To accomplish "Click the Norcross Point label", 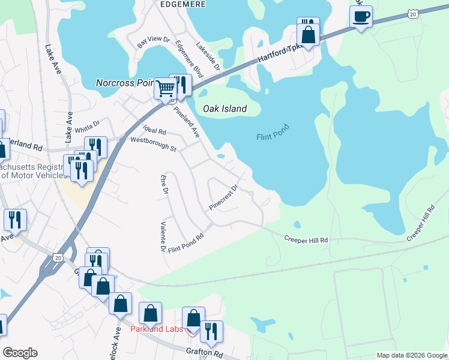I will click(x=126, y=83).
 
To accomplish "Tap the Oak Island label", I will click(x=224, y=109).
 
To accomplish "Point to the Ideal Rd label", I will click(x=154, y=130).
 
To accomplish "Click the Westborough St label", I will click(x=154, y=144).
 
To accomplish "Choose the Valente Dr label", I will click(x=163, y=236).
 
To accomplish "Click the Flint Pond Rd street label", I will click(x=186, y=242).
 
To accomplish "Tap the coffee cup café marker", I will click(x=361, y=16).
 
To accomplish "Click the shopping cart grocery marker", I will click(x=165, y=89).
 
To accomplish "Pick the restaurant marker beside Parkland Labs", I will click(x=211, y=331).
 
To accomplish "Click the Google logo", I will click(x=20, y=353).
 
